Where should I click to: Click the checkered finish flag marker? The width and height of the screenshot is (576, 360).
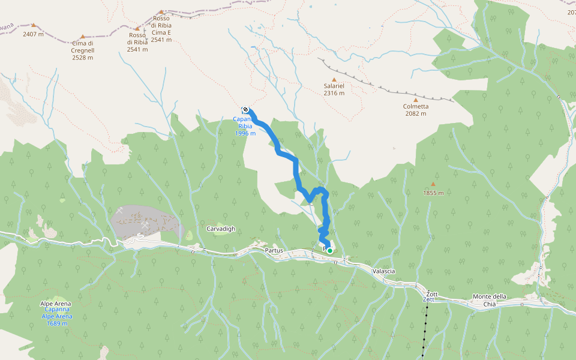[246, 109]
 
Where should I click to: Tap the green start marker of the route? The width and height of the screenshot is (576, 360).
[330, 251]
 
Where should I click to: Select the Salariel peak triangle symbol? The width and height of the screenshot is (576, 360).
[334, 79]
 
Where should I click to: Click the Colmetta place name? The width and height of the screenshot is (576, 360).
[415, 106]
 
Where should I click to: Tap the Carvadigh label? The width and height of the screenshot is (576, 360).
[221, 229]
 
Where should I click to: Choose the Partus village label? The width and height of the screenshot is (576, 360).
[273, 250]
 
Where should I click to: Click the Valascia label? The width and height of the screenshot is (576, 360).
[384, 271]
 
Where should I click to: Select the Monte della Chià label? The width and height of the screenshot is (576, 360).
[490, 297]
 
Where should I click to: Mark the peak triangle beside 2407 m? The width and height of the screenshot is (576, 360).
[34, 26]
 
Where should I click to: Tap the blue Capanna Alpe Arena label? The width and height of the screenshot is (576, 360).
[56, 317]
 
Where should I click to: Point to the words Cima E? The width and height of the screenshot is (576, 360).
[161, 33]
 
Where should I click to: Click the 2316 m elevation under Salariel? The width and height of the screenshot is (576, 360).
[334, 93]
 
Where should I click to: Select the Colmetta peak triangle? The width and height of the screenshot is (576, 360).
[415, 100]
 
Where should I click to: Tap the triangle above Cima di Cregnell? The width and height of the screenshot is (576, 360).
[83, 37]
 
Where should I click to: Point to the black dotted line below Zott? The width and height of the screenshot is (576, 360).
[425, 330]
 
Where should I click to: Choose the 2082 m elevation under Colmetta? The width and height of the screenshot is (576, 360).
[415, 113]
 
